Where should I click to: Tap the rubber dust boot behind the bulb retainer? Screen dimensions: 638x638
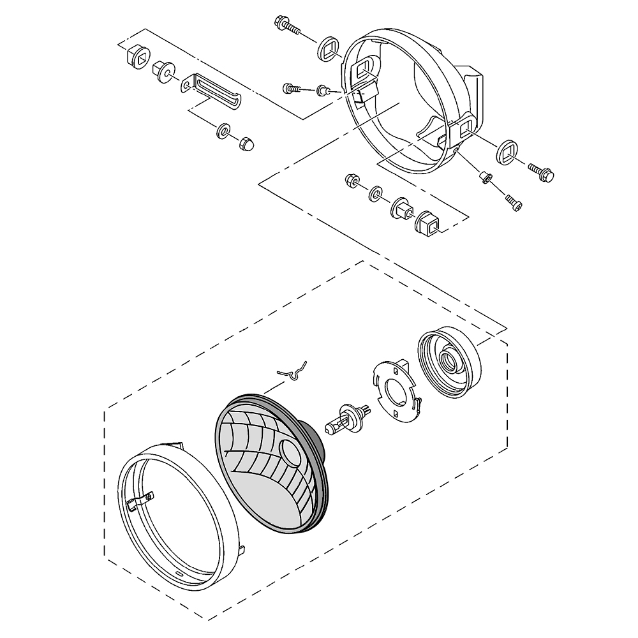450,362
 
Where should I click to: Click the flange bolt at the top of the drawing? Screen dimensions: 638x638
286,26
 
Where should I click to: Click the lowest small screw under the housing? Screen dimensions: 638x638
514,204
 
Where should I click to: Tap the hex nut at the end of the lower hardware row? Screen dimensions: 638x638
350,181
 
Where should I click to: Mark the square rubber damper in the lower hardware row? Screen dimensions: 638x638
427,223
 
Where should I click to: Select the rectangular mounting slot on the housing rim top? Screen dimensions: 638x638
366,66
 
